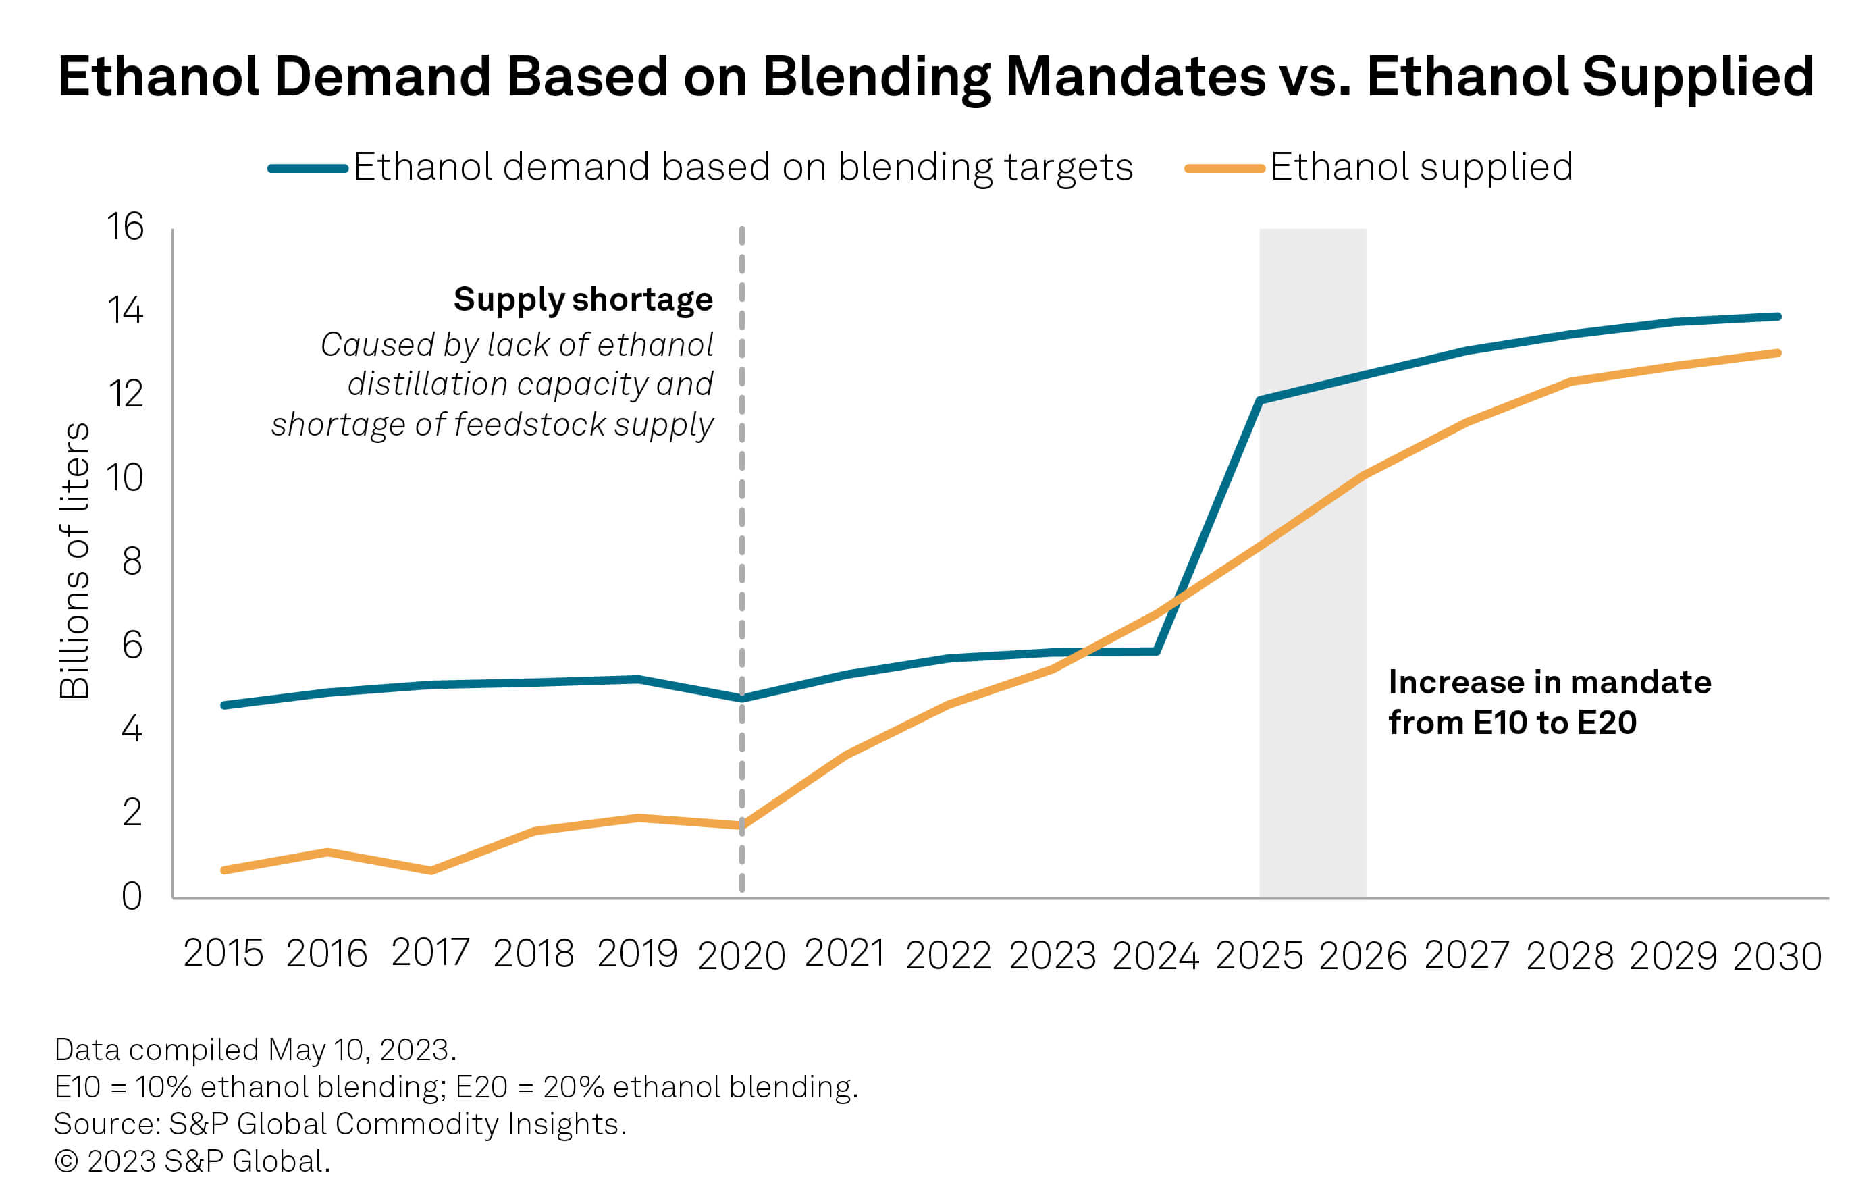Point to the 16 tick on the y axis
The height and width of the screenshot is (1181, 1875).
point(126,228)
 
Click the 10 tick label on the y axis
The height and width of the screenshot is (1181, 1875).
point(126,478)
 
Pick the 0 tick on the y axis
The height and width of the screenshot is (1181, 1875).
point(132,896)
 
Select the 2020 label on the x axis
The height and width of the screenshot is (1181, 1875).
point(741,955)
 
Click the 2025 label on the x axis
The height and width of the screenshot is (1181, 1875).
point(1259,955)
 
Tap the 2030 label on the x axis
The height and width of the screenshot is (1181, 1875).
point(1777,955)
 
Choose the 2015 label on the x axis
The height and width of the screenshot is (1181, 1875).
point(223,953)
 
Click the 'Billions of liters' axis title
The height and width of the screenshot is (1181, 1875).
point(75,560)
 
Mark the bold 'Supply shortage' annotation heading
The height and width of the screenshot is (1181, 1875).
point(583,300)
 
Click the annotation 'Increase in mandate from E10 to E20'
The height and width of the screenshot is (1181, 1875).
point(1550,702)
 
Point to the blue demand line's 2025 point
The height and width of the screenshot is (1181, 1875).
point(1260,400)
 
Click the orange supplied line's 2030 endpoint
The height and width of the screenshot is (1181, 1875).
point(1778,353)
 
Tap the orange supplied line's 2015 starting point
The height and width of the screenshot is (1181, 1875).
point(224,870)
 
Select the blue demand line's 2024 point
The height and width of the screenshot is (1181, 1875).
point(1157,651)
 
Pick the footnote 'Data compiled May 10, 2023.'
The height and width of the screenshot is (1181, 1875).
point(255,1050)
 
